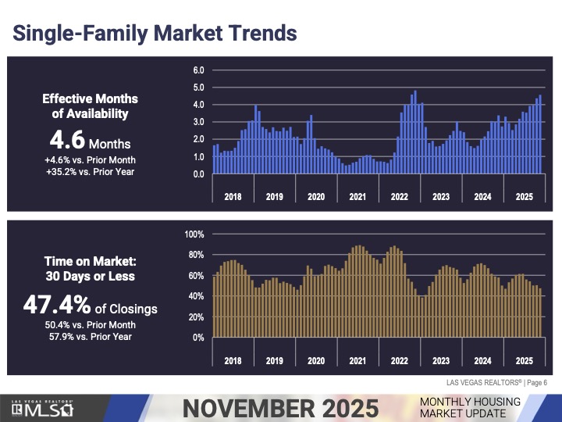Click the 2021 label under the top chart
[x=357, y=197]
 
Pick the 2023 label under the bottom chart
[x=441, y=361]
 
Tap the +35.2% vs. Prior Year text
[x=90, y=172]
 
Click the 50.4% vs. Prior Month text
[x=90, y=324]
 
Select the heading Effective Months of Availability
[x=90, y=106]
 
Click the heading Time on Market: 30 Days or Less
[x=90, y=269]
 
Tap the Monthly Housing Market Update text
[x=470, y=407]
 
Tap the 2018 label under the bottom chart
[x=233, y=361]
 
